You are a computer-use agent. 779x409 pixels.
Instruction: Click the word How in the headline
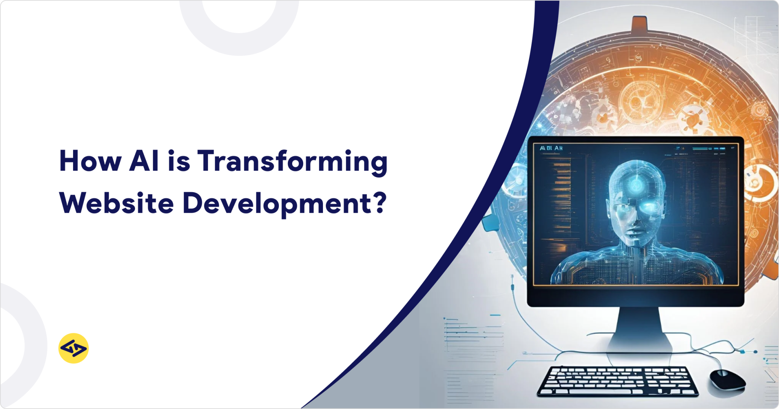pos(90,161)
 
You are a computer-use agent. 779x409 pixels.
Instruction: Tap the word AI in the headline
pos(144,161)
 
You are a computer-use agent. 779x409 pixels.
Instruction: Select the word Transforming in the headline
pos(292,162)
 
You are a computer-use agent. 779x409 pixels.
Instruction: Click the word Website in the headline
pos(116,203)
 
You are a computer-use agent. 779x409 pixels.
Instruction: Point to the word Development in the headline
pos(277,204)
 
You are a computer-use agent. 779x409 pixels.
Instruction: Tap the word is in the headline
pos(179,161)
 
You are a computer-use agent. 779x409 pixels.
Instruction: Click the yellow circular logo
pos(73,348)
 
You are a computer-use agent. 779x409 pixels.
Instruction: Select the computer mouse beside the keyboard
pos(727,379)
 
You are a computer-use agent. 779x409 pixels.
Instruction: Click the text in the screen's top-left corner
pos(551,148)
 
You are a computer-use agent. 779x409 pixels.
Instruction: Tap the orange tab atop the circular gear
pos(639,24)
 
